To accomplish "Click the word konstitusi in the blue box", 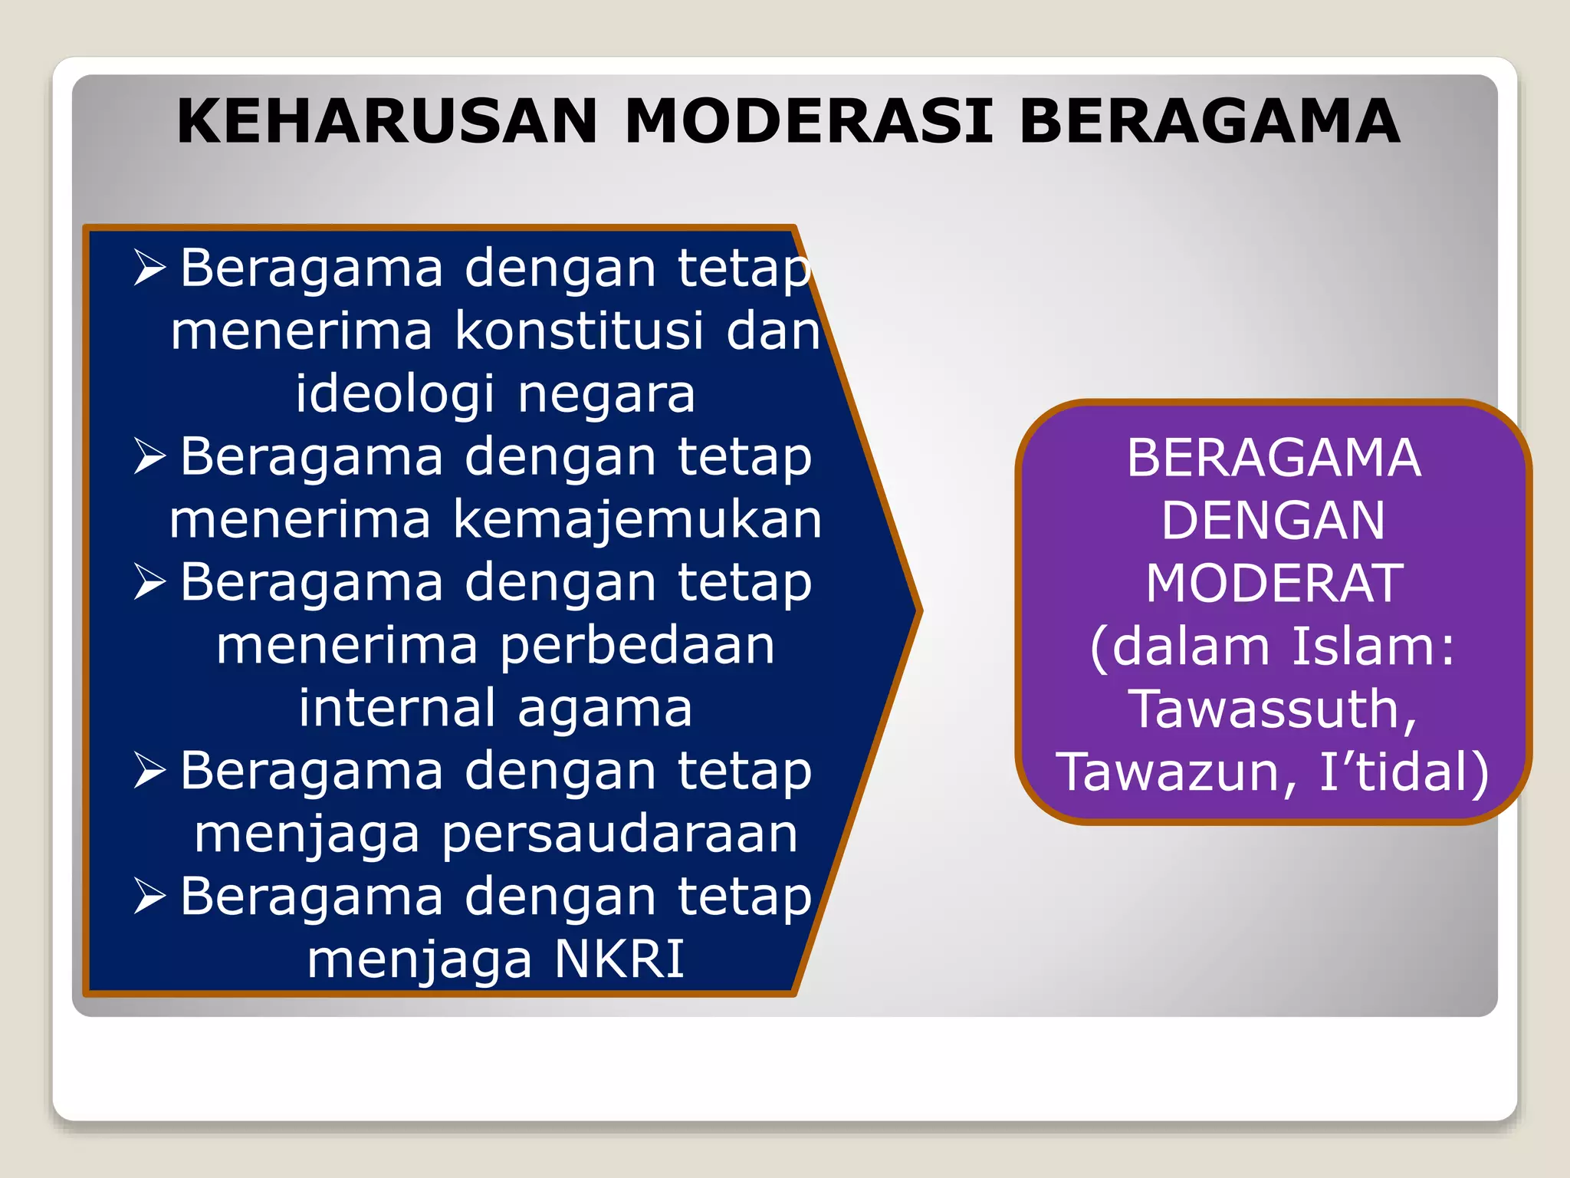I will (580, 331).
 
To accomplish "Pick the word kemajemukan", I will (638, 520).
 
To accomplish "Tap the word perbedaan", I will (638, 646).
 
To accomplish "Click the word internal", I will (397, 709).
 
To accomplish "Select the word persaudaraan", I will (619, 834).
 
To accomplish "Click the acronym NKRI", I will (619, 959).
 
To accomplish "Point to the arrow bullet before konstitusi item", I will (149, 268).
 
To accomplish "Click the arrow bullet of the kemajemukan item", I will (149, 456).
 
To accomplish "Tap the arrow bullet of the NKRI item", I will (149, 897).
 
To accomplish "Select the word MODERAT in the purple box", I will (1274, 584).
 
